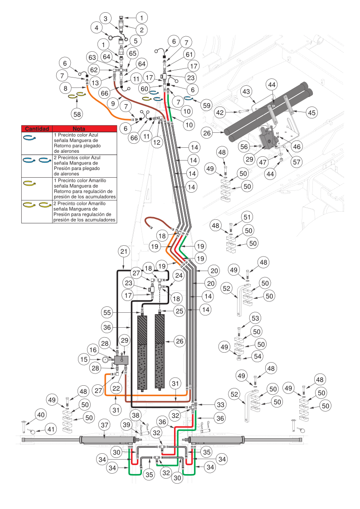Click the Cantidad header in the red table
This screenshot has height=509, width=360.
click(37, 129)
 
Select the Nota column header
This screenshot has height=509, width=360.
click(85, 129)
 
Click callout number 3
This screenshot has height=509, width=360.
click(106, 19)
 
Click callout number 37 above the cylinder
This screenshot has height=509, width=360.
click(105, 425)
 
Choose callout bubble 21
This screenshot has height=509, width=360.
click(124, 251)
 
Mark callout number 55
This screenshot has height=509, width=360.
click(107, 312)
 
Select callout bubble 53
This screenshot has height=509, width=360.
click(255, 318)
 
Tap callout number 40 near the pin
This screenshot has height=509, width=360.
click(41, 414)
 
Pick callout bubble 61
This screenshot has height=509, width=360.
click(189, 54)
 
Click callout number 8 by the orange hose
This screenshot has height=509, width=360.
click(66, 88)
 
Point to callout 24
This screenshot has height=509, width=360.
click(179, 275)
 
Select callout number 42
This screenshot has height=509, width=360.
click(220, 112)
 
